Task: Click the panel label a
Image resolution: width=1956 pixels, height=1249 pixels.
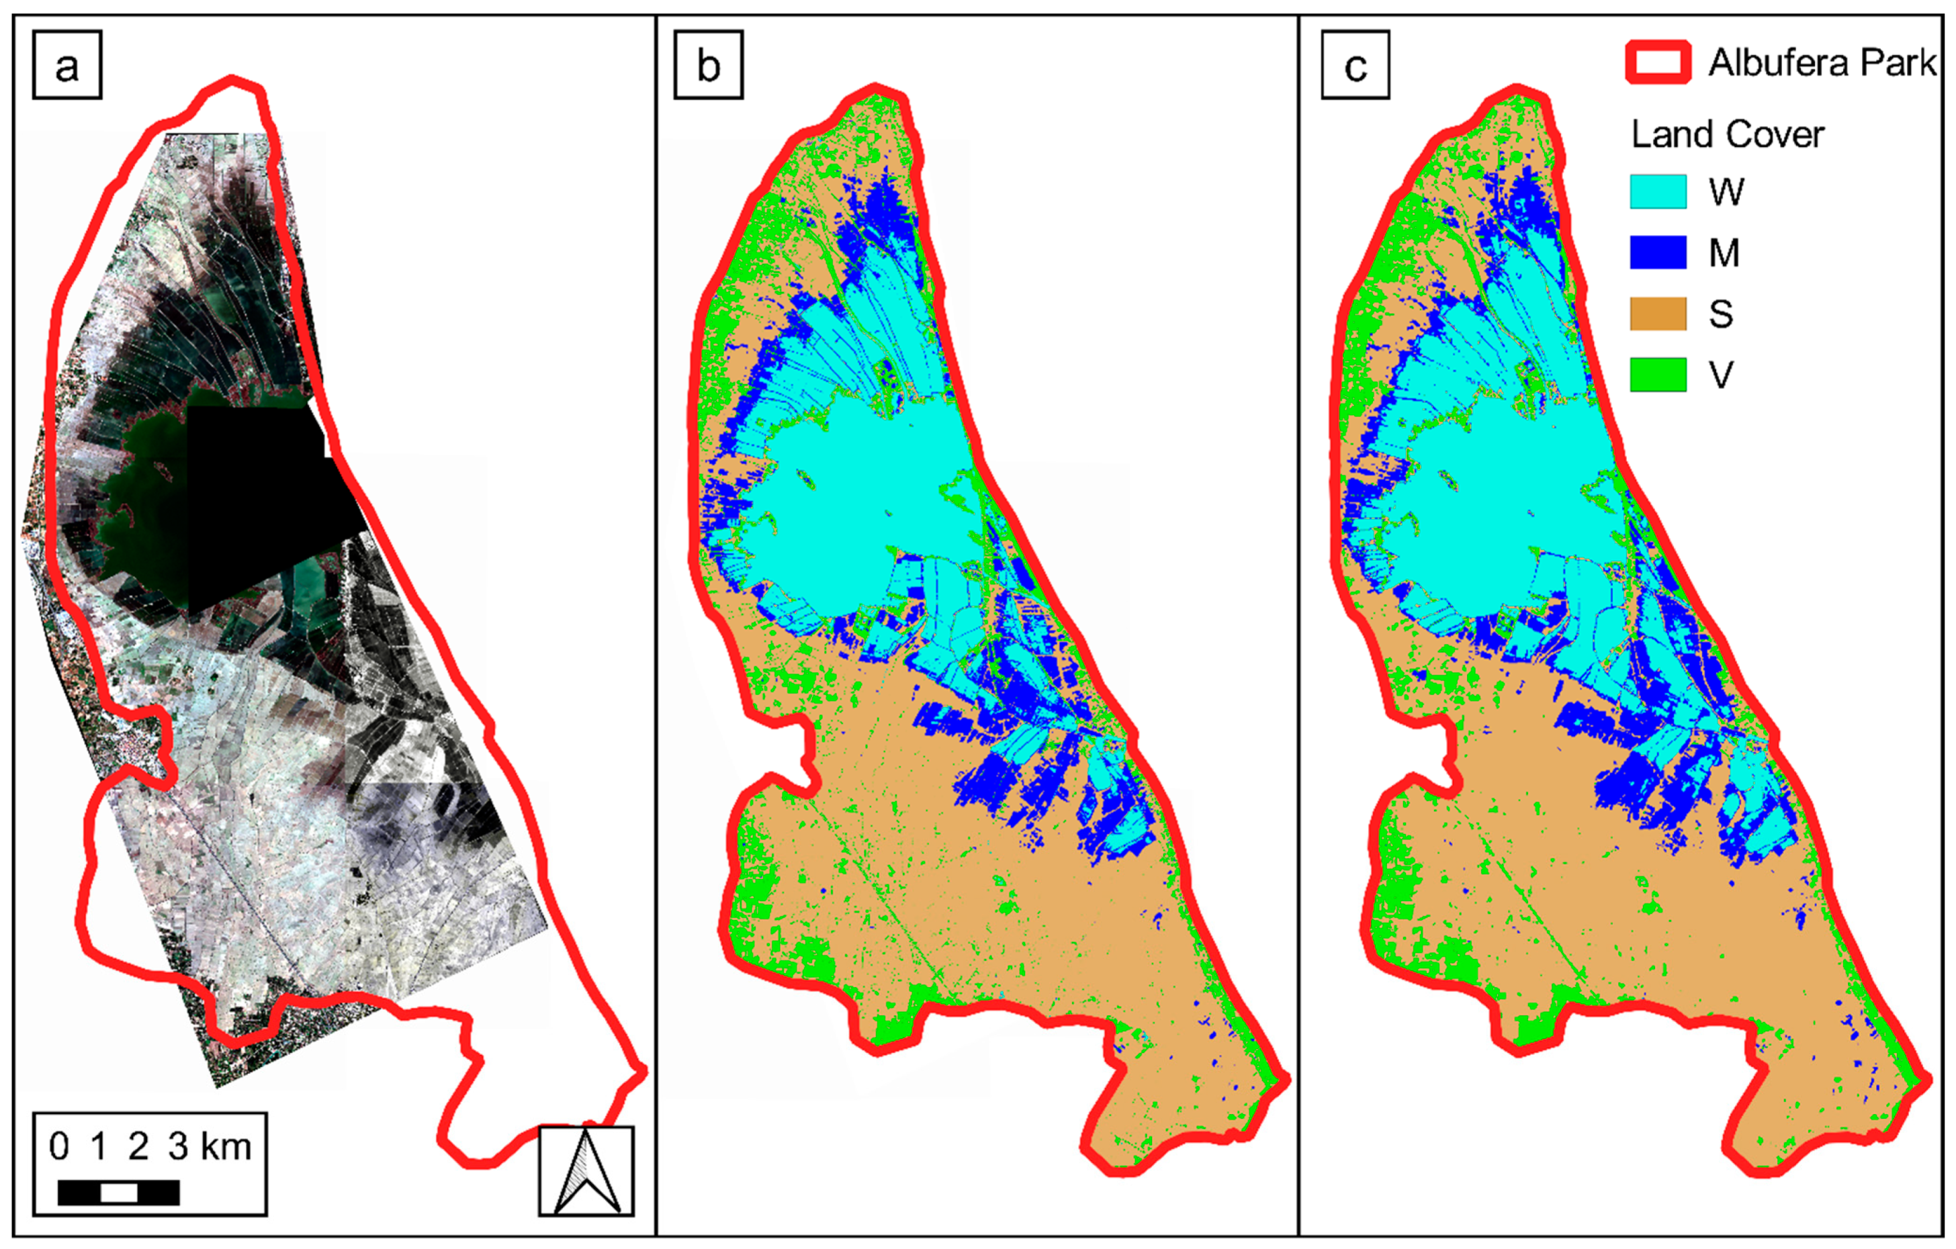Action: point(66,65)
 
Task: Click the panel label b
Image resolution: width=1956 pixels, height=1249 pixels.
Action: point(709,65)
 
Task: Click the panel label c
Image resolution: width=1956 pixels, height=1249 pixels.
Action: point(1355,65)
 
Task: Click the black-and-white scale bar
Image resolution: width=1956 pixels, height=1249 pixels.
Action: point(119,1192)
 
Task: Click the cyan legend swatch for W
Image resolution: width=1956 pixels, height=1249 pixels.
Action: point(1658,191)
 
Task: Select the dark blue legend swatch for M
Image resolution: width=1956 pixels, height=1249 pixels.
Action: point(1658,252)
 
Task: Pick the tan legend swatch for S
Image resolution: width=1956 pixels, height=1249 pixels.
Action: point(1658,314)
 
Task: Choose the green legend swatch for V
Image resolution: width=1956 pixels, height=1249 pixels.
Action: point(1658,375)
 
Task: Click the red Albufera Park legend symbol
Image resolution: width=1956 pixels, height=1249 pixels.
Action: point(1658,62)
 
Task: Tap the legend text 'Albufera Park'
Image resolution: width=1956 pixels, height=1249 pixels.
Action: point(1822,62)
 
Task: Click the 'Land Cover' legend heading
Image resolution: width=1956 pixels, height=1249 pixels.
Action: point(1728,134)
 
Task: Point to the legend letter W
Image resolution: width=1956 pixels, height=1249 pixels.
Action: point(1726,191)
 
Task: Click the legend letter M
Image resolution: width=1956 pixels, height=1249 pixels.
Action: point(1724,252)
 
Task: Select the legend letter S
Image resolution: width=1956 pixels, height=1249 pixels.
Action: point(1720,314)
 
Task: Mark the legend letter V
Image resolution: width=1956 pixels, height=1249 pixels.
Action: point(1720,375)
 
